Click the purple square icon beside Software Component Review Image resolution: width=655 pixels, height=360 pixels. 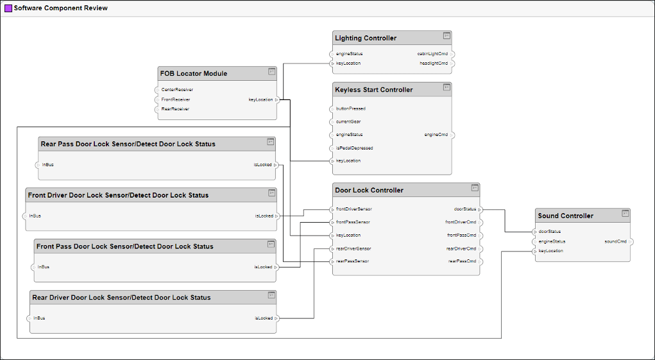click(x=8, y=8)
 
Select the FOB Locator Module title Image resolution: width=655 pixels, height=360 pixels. click(x=193, y=74)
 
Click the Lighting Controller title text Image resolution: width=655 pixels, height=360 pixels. click(x=366, y=39)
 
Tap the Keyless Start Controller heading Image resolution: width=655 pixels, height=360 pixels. click(x=373, y=90)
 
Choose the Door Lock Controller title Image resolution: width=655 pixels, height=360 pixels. click(x=369, y=191)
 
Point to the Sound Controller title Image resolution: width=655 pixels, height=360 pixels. click(x=565, y=216)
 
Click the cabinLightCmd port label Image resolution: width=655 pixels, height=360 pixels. click(x=432, y=54)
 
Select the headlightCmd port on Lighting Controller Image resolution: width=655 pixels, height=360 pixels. click(x=434, y=64)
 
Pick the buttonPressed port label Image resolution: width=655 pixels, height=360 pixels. click(x=350, y=109)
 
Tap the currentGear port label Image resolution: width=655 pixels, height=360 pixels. click(x=348, y=122)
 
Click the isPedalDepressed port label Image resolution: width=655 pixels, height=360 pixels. click(x=354, y=148)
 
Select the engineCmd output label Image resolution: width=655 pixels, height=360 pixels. click(x=436, y=135)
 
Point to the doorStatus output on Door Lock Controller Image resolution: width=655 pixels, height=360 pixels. click(x=464, y=209)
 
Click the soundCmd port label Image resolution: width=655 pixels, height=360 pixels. click(x=615, y=242)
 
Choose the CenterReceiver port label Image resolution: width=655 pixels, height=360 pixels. click(x=177, y=90)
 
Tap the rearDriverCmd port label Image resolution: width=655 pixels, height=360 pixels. click(x=461, y=248)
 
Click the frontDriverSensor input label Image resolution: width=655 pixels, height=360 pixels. click(x=353, y=209)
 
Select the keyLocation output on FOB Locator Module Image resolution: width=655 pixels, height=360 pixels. click(x=260, y=99)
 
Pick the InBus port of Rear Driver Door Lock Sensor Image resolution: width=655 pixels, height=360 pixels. click(x=38, y=318)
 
